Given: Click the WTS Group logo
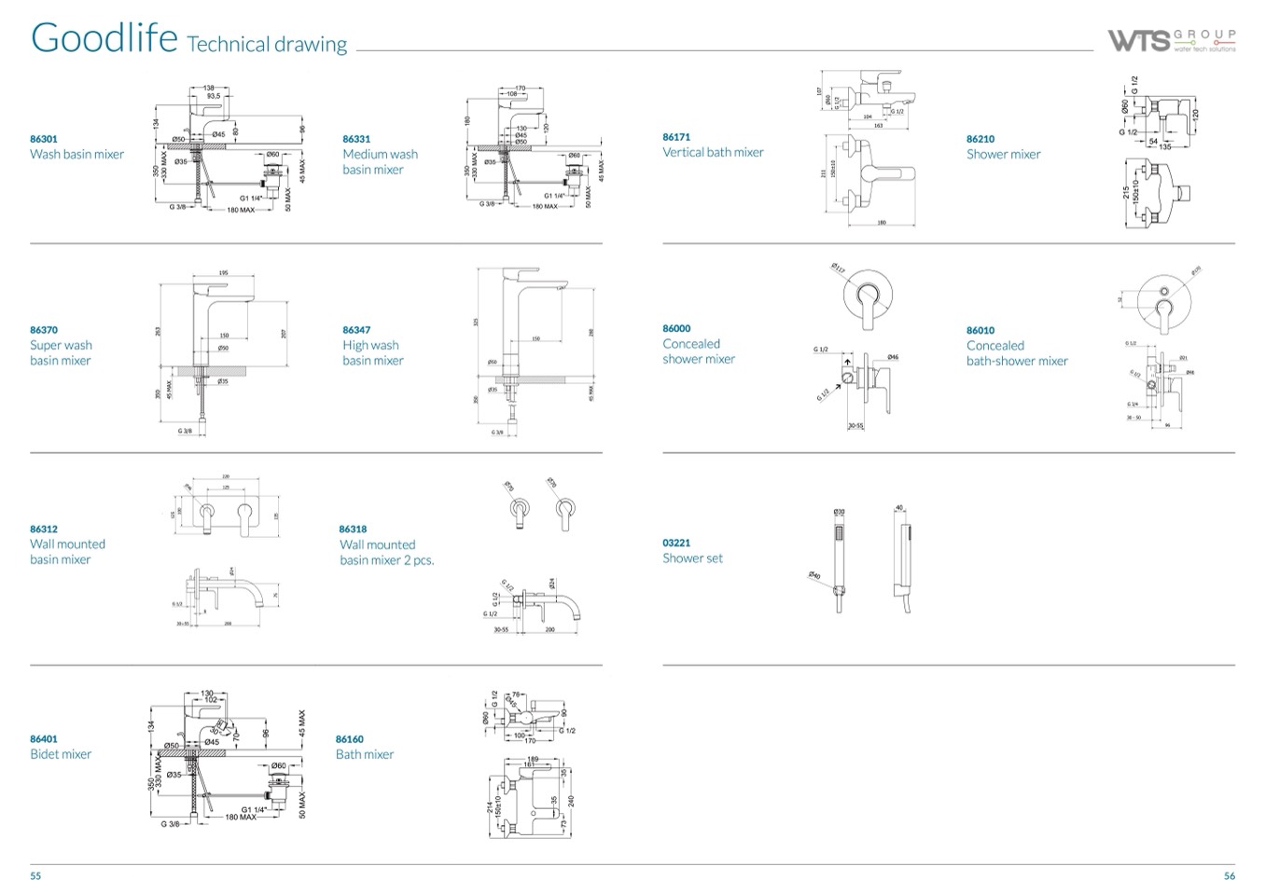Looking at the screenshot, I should click(1171, 40).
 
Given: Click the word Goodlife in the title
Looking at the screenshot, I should click(104, 38).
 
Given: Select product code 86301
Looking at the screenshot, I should click(44, 139).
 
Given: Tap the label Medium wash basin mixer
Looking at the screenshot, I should click(380, 161).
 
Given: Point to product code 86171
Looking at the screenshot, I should click(676, 137).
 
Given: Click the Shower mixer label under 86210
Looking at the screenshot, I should click(1003, 155).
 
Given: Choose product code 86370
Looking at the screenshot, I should click(44, 330).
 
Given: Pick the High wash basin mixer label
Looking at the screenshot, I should click(372, 352).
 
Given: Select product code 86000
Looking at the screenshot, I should click(676, 329).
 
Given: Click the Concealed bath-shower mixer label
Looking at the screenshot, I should click(1017, 353).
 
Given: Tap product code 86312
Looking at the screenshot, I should click(44, 529).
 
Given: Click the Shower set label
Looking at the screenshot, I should click(692, 558).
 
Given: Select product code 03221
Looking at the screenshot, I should click(676, 543).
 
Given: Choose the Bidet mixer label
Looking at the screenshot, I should click(61, 754).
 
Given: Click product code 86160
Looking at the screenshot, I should click(350, 739).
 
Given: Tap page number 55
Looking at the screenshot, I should click(35, 875).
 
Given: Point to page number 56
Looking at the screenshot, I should click(1229, 875).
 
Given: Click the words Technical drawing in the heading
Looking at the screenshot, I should click(267, 44).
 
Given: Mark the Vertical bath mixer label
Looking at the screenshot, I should click(713, 153).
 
